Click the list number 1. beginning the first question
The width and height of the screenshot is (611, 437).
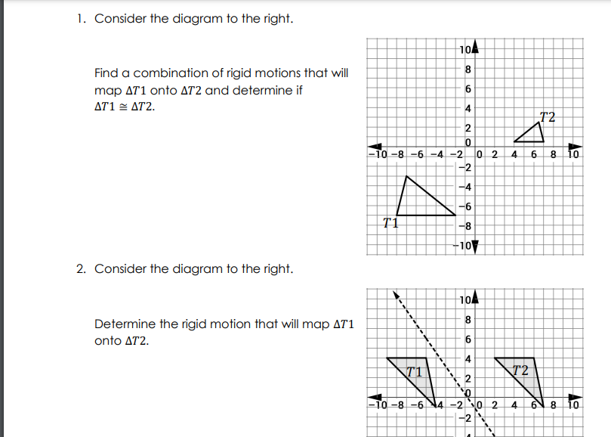coord(81,19)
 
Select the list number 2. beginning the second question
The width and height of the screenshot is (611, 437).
coord(81,269)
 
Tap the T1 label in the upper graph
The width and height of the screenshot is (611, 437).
coord(390,222)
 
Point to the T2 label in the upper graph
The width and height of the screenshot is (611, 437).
coord(548,116)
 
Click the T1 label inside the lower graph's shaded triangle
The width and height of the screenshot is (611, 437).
coord(413,371)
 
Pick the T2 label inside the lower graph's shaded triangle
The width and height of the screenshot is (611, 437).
coord(520,370)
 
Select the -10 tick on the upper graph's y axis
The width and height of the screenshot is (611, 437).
coord(461,245)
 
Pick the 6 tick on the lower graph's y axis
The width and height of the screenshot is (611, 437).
coord(468,339)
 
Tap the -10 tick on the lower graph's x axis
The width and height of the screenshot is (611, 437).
coord(376,404)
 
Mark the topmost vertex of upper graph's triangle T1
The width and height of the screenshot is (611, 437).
coord(407,176)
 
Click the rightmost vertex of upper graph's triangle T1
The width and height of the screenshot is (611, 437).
coord(456,215)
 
